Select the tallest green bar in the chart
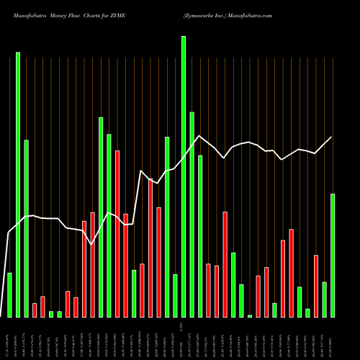(x=184, y=176)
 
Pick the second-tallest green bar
(x=18, y=184)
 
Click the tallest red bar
(x=117, y=234)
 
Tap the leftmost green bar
(x=9, y=294)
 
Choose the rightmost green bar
(x=332, y=255)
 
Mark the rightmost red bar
(x=315, y=286)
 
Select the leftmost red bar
(x=35, y=310)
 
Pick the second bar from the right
(x=324, y=299)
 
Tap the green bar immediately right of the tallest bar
(x=192, y=215)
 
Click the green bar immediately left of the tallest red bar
(x=109, y=225)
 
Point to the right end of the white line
(x=332, y=137)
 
